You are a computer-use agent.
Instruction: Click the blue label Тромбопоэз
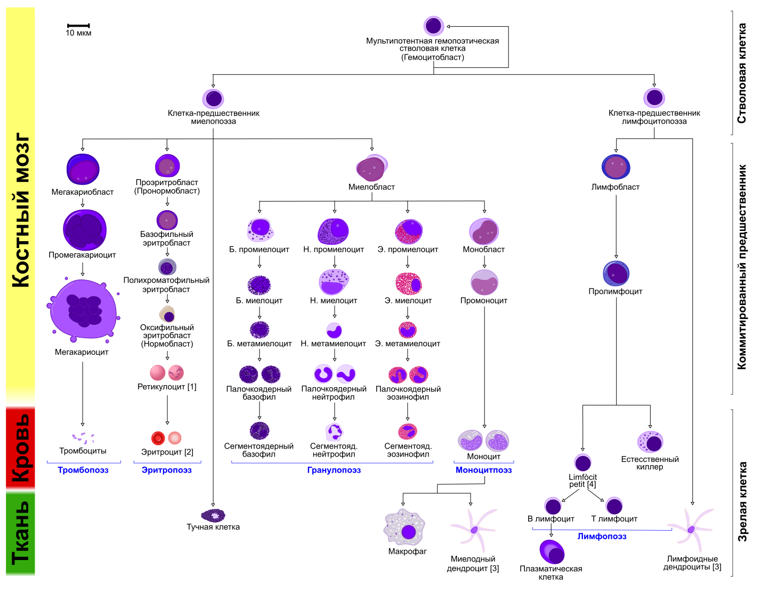[x=83, y=470]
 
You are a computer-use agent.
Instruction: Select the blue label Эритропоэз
[x=166, y=470]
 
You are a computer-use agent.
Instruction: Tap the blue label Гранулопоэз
[x=334, y=470]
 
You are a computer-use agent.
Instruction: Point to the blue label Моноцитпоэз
[x=484, y=470]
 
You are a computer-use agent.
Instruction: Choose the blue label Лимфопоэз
[x=602, y=537]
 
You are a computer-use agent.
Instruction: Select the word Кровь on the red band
[x=21, y=448]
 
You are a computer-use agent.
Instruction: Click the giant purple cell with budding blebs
[x=83, y=309]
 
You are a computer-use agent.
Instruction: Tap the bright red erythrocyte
[x=158, y=438]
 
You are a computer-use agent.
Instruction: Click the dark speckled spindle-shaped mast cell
[x=213, y=515]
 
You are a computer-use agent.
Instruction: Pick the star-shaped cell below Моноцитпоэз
[x=473, y=529]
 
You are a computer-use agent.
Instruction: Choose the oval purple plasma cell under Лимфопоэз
[x=552, y=552]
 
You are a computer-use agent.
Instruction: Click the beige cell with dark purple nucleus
[x=167, y=314]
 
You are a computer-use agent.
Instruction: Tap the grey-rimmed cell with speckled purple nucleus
[x=167, y=267]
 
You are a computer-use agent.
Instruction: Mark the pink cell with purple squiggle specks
[x=176, y=373]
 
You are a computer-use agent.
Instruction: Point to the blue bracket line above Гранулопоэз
[x=332, y=462]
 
